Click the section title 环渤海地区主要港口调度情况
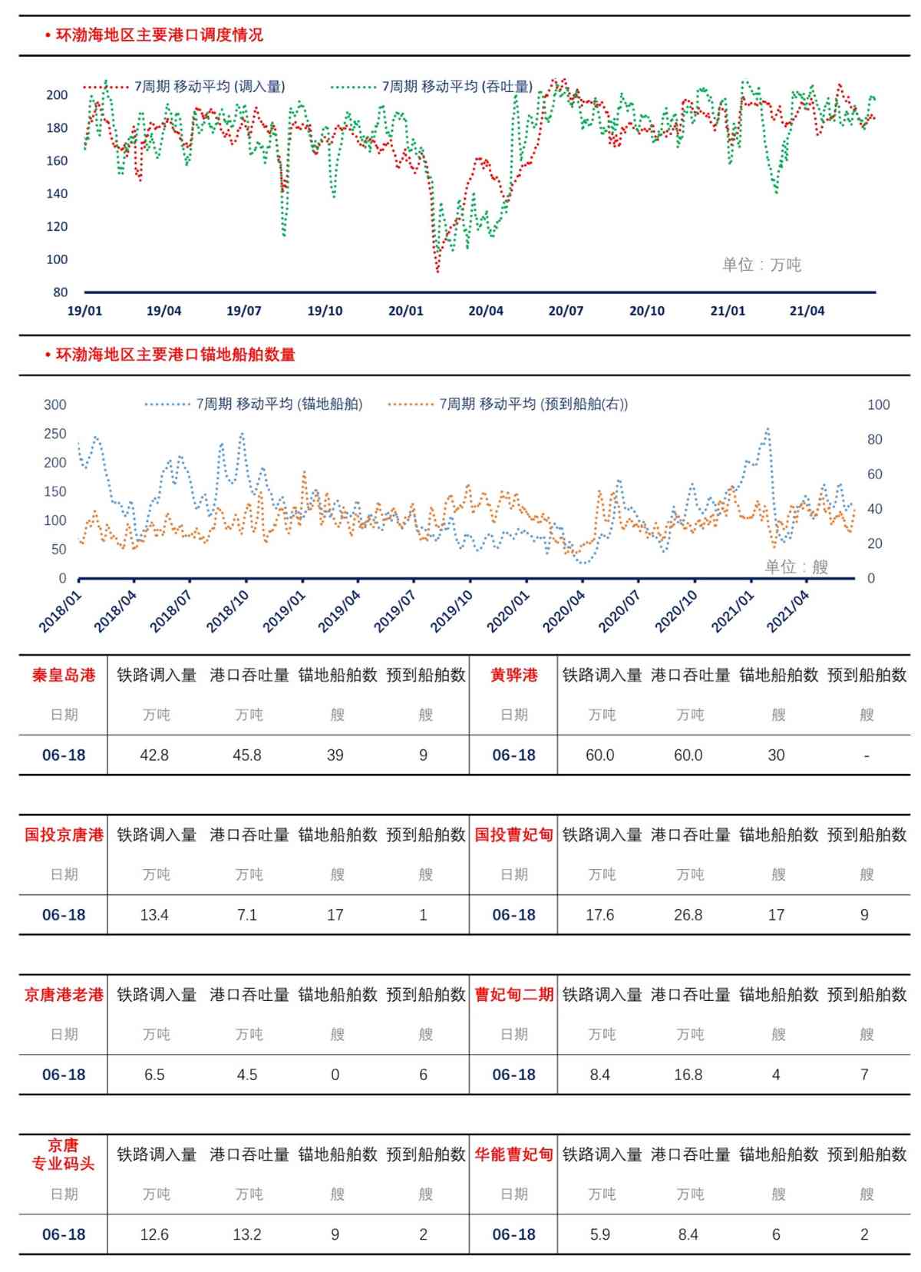click(x=159, y=35)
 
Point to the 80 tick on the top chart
click(x=60, y=292)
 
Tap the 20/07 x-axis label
click(x=566, y=311)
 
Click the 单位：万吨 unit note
click(x=761, y=265)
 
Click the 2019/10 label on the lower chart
click(x=451, y=611)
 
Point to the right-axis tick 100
click(x=878, y=405)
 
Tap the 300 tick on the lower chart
click(x=54, y=405)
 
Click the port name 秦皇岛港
click(x=64, y=676)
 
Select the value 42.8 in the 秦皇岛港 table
click(x=154, y=755)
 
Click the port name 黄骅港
click(x=513, y=676)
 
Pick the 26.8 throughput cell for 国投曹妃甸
click(x=688, y=915)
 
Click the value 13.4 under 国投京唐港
click(x=154, y=915)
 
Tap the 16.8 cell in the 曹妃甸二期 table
click(x=688, y=1075)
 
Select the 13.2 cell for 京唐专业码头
click(x=247, y=1234)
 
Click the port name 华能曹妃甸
click(x=513, y=1155)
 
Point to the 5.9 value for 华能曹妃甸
click(x=599, y=1234)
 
